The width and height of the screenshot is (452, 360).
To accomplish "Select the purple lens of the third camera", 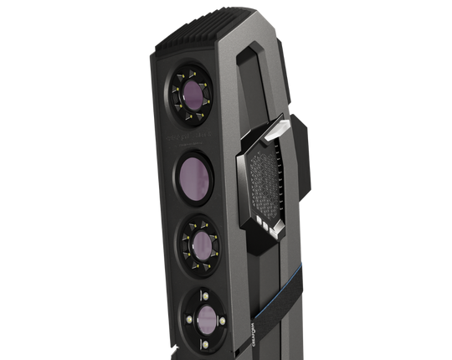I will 200,244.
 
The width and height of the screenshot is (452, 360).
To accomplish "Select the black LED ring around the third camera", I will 182,243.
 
